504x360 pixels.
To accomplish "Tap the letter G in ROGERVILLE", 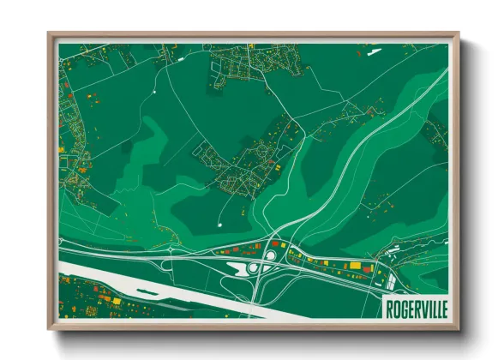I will click(x=403, y=308).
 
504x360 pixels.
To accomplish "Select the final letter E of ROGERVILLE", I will click(x=443, y=308).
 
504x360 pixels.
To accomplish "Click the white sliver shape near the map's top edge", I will click(x=374, y=51).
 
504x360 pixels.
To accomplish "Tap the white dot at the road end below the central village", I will click(x=220, y=225).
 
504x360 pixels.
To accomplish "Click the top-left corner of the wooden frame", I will click(x=50, y=35).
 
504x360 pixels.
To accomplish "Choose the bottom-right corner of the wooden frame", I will click(x=458, y=328).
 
